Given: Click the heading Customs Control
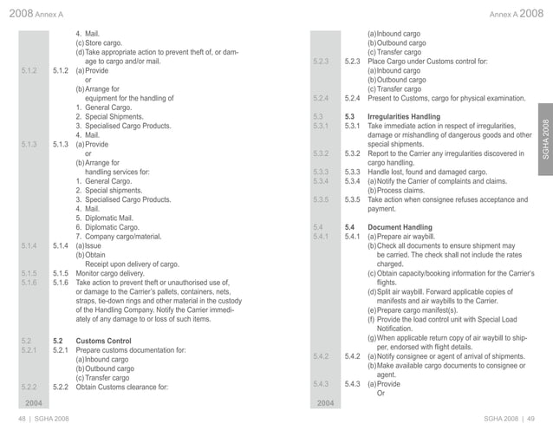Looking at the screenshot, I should pos(103,342).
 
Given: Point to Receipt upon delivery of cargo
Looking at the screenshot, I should pos(131,264).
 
